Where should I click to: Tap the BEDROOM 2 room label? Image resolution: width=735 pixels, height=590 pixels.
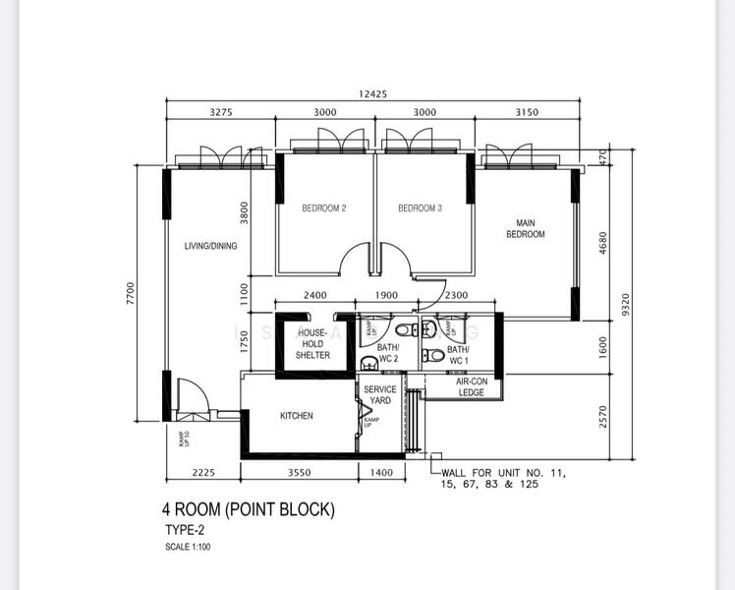tap(323, 208)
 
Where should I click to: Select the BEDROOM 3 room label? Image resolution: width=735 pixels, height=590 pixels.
tap(420, 208)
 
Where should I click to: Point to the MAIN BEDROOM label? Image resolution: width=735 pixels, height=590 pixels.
tap(526, 228)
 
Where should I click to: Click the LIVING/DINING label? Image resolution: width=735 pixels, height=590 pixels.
tap(210, 246)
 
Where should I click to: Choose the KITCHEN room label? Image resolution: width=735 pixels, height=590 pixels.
tap(296, 416)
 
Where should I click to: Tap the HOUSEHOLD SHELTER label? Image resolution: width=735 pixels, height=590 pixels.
tap(312, 344)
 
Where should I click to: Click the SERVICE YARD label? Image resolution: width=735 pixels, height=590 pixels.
tap(380, 395)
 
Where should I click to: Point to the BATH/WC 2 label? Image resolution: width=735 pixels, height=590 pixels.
tap(388, 353)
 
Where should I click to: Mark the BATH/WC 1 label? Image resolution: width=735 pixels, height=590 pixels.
tap(458, 354)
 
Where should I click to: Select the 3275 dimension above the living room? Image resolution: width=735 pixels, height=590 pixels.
tap(221, 112)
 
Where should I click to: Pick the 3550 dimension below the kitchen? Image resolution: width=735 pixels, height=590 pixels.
tap(300, 474)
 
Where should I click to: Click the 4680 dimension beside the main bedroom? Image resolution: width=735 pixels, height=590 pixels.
tap(603, 242)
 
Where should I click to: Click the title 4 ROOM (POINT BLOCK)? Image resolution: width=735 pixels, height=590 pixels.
tap(249, 510)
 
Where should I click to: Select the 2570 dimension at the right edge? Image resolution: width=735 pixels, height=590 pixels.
tap(603, 417)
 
